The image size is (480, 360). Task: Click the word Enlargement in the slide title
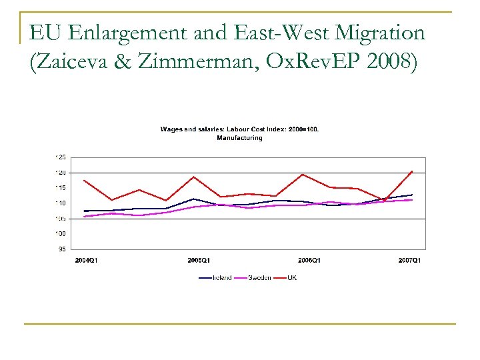125,33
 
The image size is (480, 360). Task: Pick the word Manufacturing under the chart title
239,138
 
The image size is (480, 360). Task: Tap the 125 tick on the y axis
61,157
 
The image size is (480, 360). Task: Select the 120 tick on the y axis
61,173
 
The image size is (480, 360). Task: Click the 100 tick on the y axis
61,234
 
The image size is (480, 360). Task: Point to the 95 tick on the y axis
62,249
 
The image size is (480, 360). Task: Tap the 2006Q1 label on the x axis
308,260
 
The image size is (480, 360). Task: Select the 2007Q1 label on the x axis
409,260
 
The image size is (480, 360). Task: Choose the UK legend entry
292,278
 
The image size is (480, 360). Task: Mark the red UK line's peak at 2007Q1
412,171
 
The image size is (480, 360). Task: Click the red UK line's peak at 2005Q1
193,177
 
